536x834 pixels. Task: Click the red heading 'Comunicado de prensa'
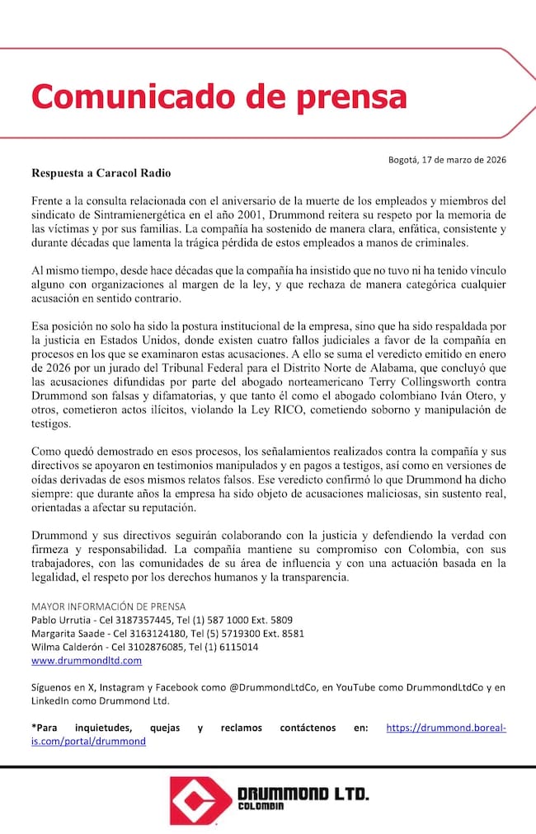[219, 96]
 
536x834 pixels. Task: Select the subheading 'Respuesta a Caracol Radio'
[102, 174]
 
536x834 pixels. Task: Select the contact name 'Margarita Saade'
[68, 634]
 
